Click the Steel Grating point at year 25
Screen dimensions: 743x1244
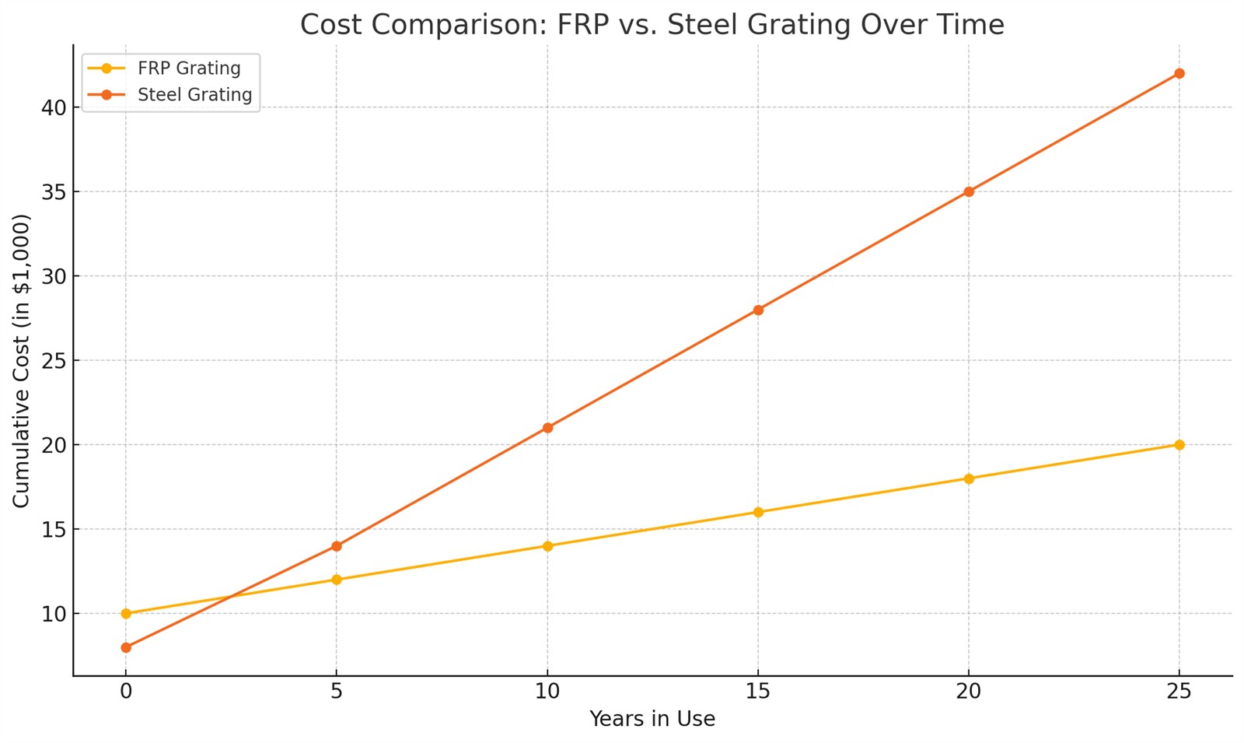(x=1179, y=73)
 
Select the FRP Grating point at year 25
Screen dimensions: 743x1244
(x=1179, y=445)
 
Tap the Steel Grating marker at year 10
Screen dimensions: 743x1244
(x=547, y=428)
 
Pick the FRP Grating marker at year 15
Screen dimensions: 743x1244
(x=758, y=512)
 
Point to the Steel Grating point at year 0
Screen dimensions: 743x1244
(x=126, y=647)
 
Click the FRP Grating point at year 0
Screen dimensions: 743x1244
(x=126, y=614)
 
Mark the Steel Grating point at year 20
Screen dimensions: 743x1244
(x=969, y=191)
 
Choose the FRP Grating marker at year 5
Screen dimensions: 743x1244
(x=337, y=580)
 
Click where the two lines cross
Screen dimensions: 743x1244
(x=231, y=597)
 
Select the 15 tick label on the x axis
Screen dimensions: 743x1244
(x=758, y=691)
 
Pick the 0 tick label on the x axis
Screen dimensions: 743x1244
(x=126, y=691)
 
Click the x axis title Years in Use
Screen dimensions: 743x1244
(x=652, y=719)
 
